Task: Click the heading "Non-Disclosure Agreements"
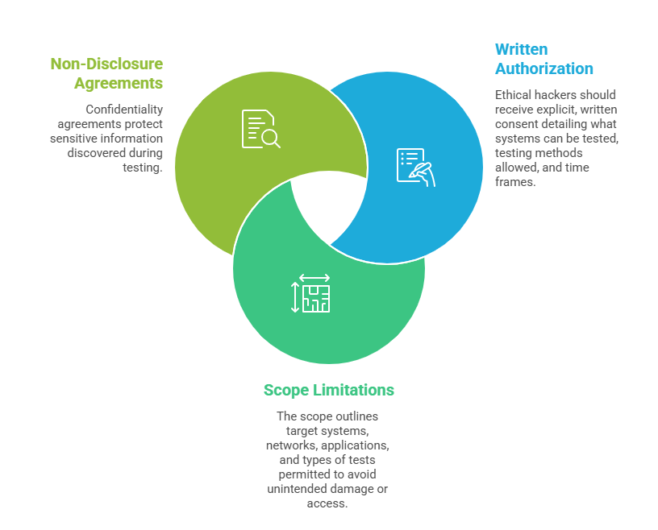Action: tap(106, 73)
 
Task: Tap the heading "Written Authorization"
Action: tap(544, 59)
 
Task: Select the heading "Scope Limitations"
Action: tap(328, 391)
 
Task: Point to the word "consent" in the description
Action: tap(517, 124)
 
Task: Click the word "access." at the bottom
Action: tap(329, 503)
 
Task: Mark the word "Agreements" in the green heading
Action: tap(119, 83)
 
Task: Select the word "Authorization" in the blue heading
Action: tap(544, 68)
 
